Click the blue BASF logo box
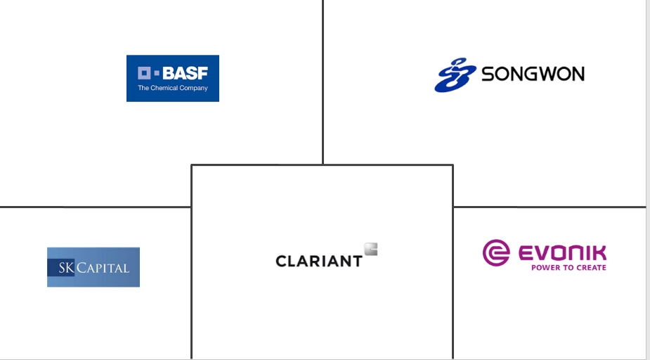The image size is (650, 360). coord(172,78)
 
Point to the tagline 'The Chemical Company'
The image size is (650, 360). coord(173,88)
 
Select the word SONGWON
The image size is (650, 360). coord(533,74)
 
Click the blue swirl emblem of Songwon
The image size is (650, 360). coord(455,75)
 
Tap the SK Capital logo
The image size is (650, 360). coord(93,266)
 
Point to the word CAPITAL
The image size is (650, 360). coord(103,268)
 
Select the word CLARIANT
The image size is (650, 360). coord(319,261)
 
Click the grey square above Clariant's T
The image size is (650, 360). coord(371,248)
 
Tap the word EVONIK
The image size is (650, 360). coord(562,253)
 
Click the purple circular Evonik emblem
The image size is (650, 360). coord(496,253)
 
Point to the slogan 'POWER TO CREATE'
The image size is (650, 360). coord(568,268)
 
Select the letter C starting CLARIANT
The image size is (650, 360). coord(281,261)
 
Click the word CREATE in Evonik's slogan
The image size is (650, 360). coord(591,268)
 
